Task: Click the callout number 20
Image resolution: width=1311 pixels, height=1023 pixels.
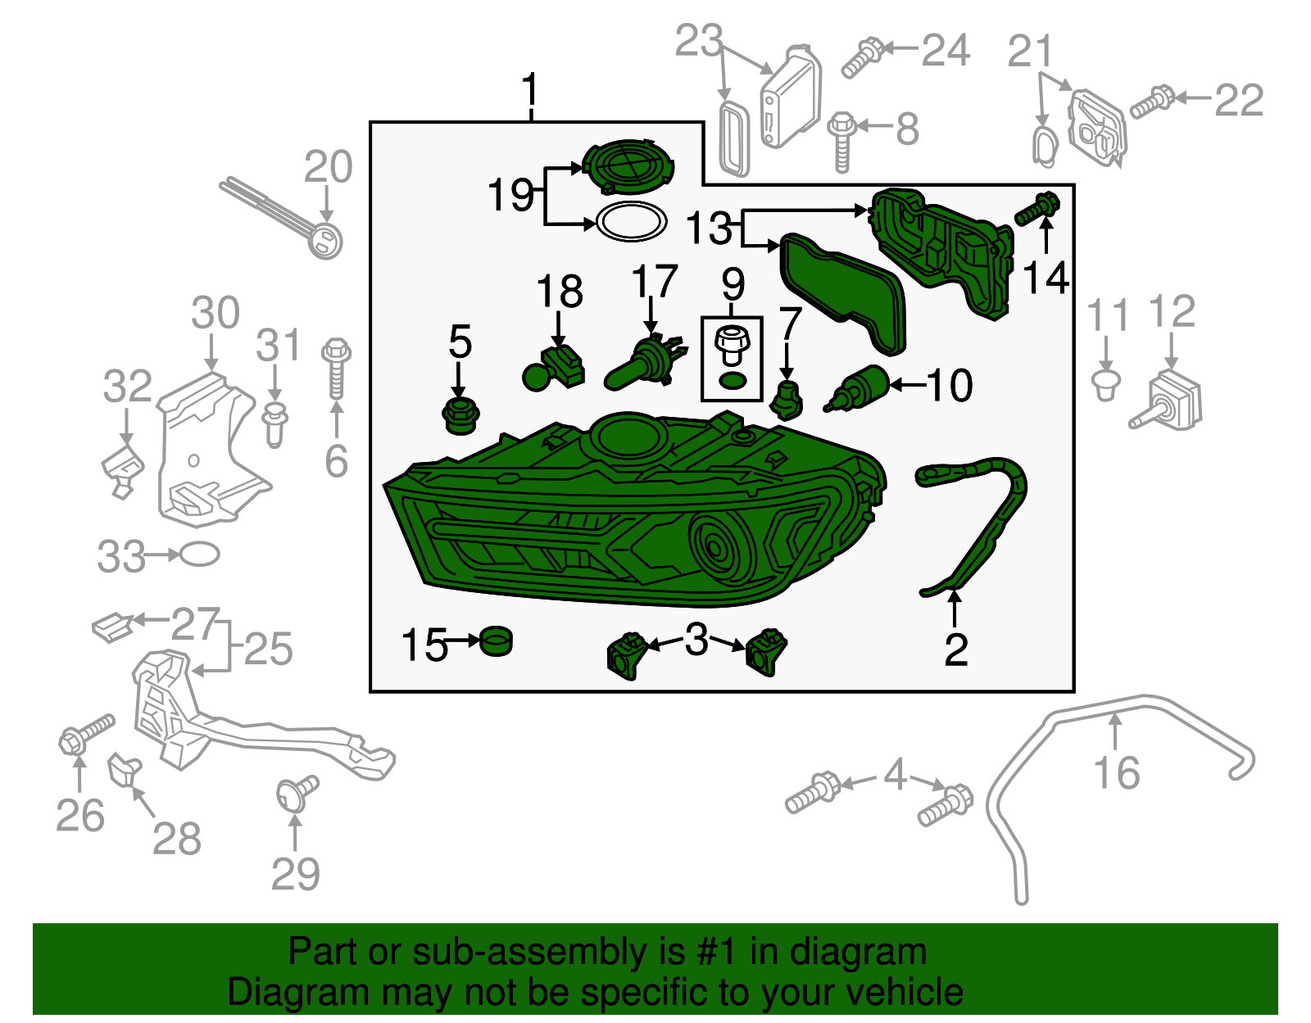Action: tap(328, 167)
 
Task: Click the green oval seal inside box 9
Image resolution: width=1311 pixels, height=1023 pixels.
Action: tap(732, 380)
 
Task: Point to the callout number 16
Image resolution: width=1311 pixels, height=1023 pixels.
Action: tap(1117, 773)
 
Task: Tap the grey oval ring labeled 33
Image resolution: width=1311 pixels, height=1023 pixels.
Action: tap(199, 555)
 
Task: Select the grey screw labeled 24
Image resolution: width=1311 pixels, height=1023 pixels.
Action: tap(861, 57)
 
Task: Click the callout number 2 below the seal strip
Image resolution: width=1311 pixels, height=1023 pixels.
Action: tap(955, 650)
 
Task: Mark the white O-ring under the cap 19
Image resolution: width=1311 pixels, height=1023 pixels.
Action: tap(631, 222)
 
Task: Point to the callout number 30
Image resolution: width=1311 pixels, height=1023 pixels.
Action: tap(215, 313)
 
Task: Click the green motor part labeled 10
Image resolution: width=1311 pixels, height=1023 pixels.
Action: tap(856, 387)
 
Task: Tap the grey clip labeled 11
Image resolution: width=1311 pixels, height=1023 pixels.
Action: tap(1106, 384)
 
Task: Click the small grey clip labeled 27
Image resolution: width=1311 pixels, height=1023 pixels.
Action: tap(111, 628)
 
